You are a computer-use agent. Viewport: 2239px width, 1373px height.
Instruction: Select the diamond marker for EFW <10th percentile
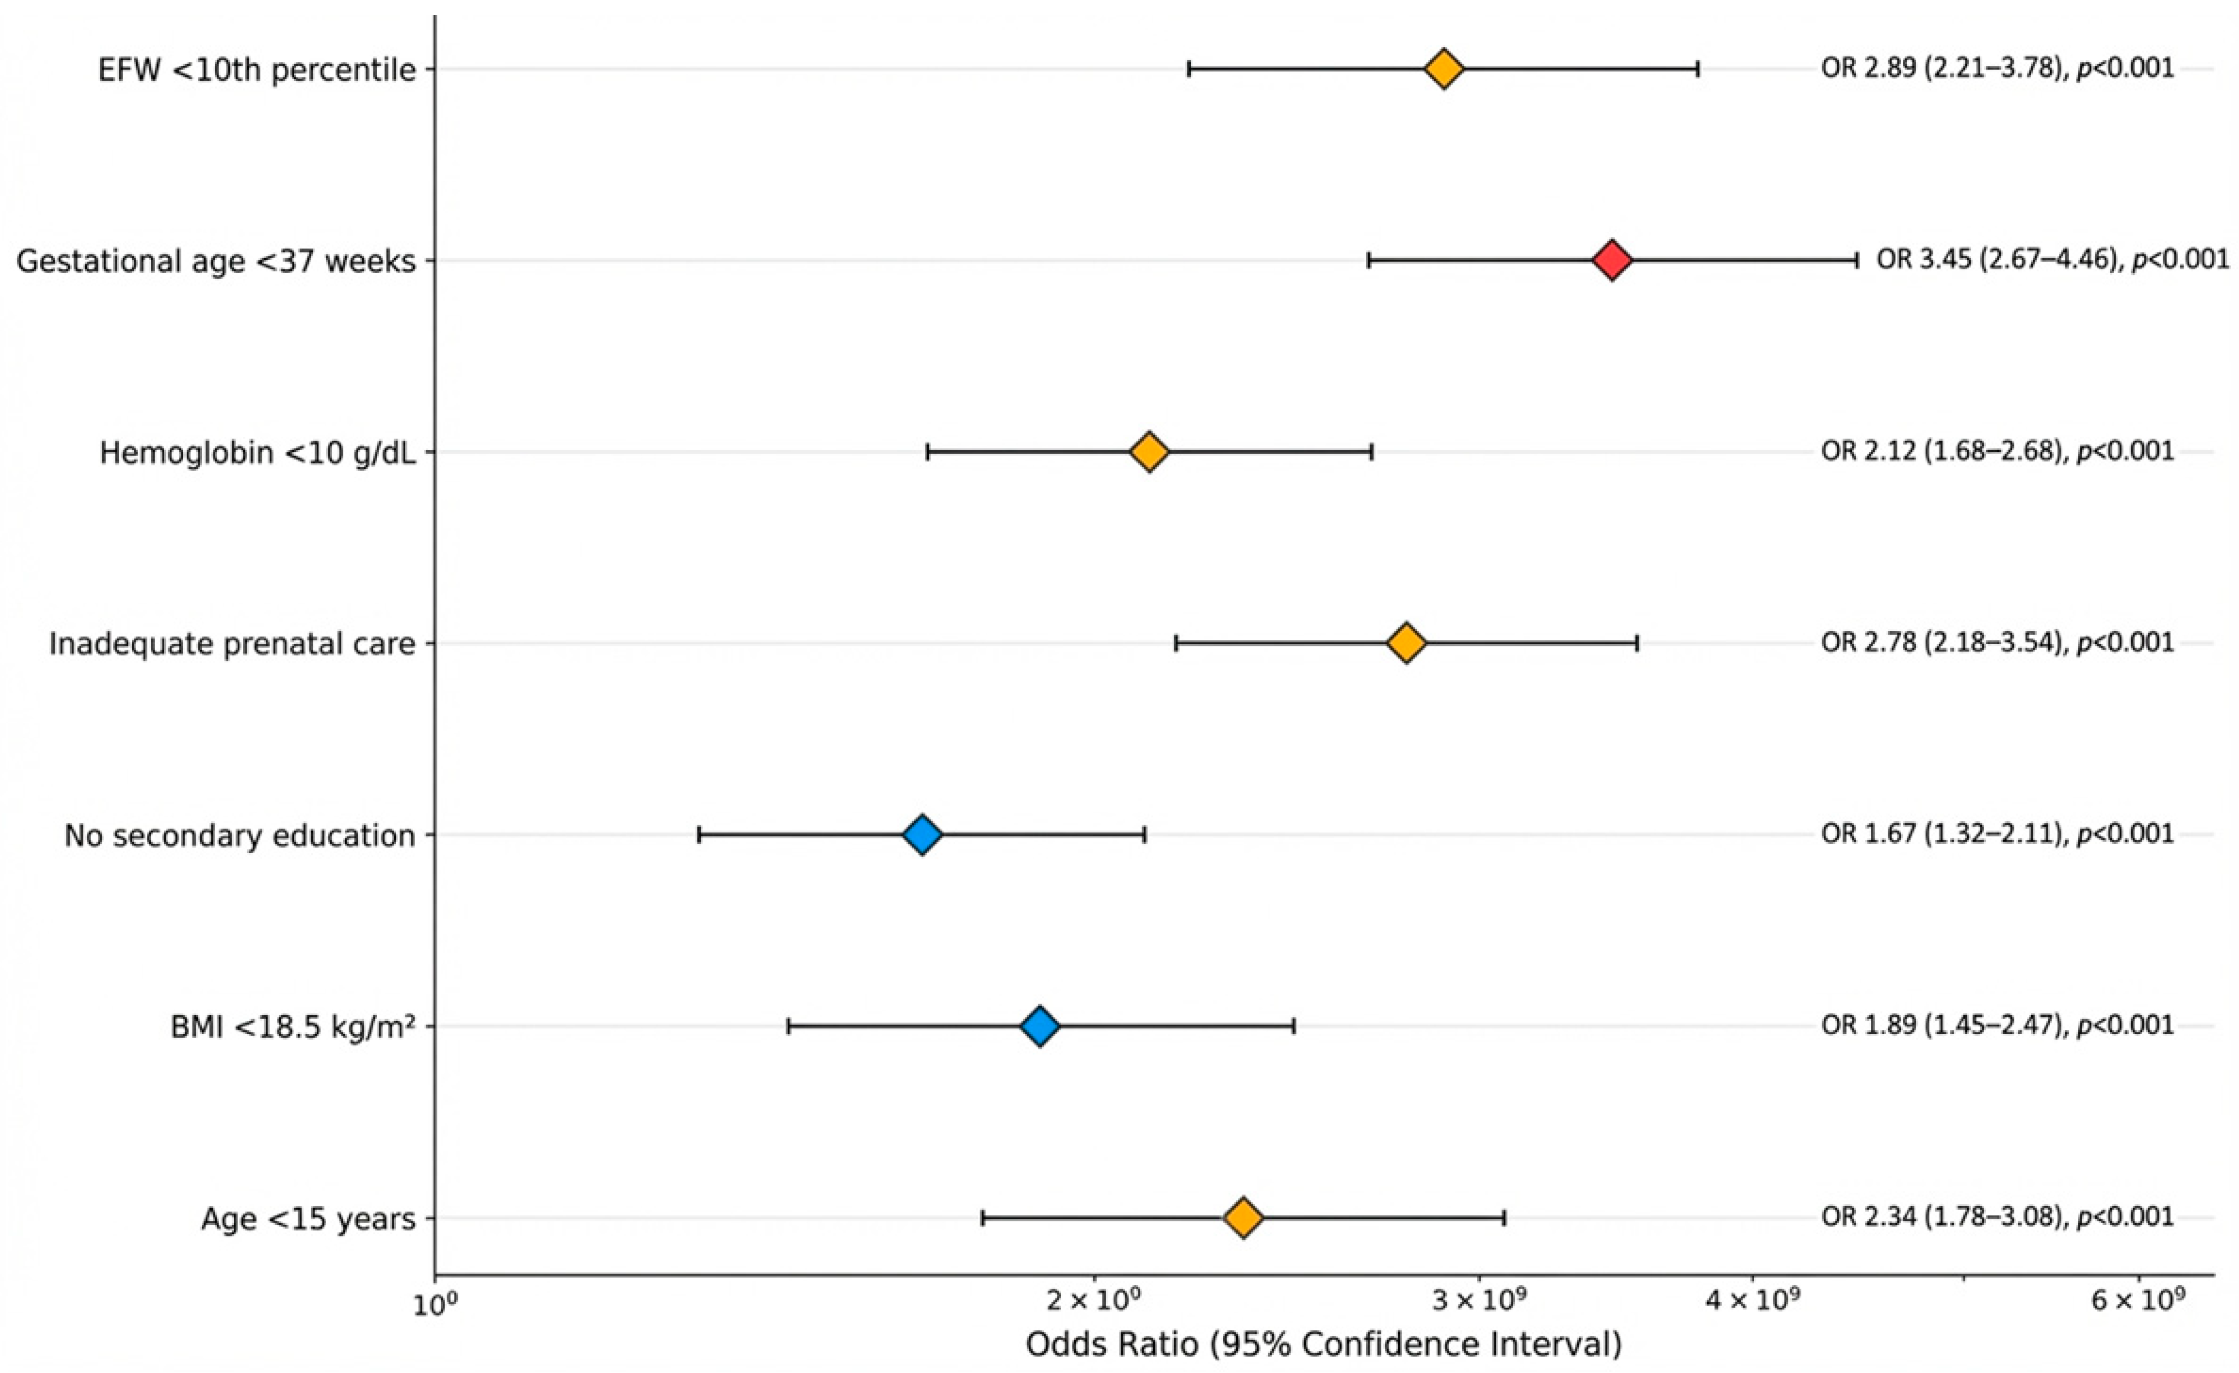[1444, 69]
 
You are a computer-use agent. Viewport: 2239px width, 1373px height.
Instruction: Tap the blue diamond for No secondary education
[922, 835]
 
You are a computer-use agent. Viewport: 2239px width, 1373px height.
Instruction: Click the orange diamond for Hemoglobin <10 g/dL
[1149, 452]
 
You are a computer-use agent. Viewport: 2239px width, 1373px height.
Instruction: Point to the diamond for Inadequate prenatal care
[1406, 643]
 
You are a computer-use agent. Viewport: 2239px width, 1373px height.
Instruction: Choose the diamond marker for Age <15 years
[1243, 1218]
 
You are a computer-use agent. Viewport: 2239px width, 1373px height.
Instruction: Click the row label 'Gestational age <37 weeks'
[216, 262]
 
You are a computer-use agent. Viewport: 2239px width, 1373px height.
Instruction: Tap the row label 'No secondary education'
[240, 835]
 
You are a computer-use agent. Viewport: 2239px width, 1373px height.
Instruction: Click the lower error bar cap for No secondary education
[699, 835]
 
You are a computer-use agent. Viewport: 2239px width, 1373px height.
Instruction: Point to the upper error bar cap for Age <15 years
[1505, 1218]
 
